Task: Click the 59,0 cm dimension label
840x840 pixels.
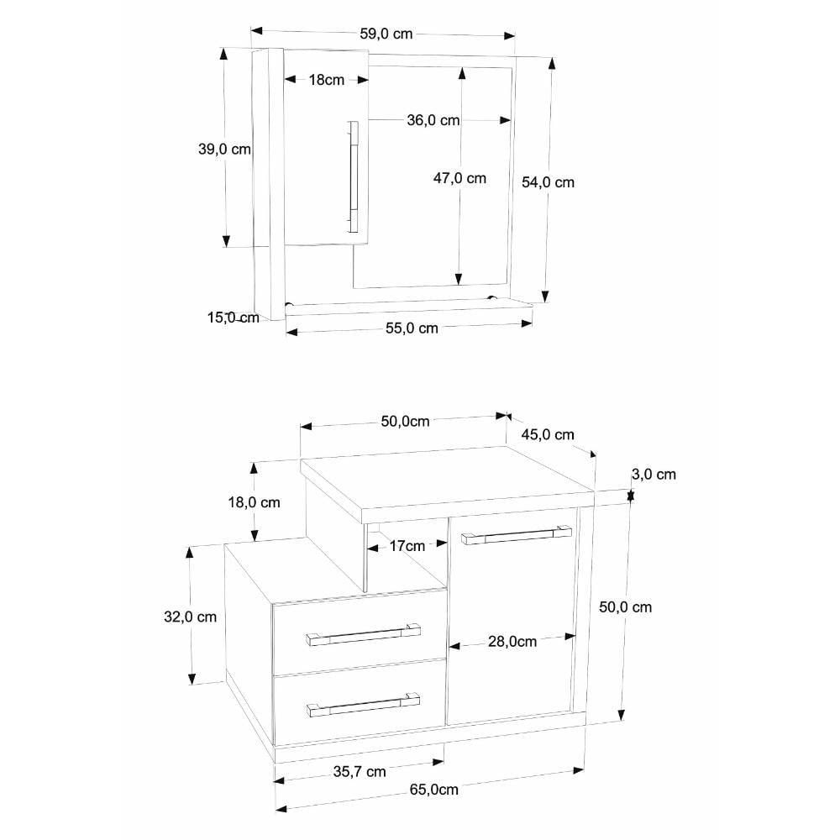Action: [x=386, y=34]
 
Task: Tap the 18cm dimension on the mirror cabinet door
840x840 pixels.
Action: [x=326, y=80]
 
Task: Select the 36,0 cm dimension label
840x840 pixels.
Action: [x=433, y=120]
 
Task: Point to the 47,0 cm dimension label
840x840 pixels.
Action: [x=459, y=178]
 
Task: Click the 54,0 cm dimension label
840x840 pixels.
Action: [x=548, y=182]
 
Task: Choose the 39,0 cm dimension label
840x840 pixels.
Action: [x=224, y=149]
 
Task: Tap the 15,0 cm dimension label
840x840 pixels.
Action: [x=233, y=318]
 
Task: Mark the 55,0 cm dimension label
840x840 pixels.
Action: [x=412, y=328]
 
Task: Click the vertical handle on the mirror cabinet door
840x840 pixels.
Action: [x=353, y=177]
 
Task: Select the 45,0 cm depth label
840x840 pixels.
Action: [x=548, y=434]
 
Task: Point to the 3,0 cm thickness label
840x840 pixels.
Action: [x=654, y=474]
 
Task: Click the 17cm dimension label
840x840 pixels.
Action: [x=407, y=546]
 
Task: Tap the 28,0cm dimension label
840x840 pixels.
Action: [x=512, y=641]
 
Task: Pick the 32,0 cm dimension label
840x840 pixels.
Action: [x=190, y=617]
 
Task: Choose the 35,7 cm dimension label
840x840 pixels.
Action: [x=359, y=771]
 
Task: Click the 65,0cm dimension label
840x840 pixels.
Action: [x=434, y=789]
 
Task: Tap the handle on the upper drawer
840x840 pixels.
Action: [x=363, y=634]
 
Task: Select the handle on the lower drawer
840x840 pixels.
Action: [x=363, y=705]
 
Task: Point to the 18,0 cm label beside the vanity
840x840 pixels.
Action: [x=254, y=502]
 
